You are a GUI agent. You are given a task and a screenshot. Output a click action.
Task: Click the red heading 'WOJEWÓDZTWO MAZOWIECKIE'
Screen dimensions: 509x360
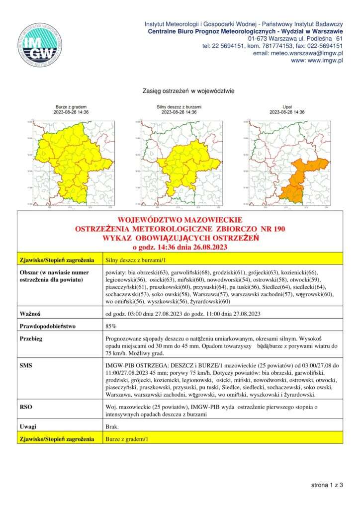coord(180,220)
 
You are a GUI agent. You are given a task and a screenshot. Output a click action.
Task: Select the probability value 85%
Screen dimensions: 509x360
coord(111,326)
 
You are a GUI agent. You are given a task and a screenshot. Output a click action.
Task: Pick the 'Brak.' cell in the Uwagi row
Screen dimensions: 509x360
coord(112,426)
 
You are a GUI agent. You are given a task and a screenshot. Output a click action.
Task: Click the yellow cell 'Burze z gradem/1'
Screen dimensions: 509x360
coord(127,439)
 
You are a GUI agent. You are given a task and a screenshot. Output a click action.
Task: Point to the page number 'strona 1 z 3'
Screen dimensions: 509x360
coord(327,485)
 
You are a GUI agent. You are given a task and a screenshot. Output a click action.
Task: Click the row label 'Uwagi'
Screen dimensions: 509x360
coord(28,426)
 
